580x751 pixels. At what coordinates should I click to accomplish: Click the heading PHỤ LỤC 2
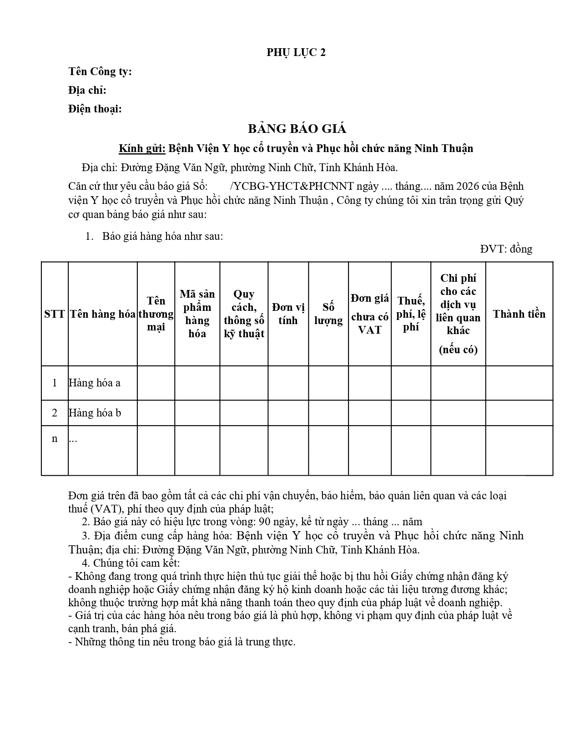pos(296,53)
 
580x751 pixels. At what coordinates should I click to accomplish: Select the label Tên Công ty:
pos(100,71)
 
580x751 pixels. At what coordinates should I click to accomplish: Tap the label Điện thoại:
pos(95,109)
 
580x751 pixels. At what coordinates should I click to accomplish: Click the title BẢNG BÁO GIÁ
pos(297,129)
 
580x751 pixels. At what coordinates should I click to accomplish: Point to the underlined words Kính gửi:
pos(142,148)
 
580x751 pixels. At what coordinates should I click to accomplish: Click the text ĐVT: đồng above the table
pos(506,249)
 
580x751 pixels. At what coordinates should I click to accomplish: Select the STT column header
pos(55,314)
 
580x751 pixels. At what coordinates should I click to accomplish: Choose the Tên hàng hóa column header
pos(103,314)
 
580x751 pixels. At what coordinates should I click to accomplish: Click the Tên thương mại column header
pos(156,314)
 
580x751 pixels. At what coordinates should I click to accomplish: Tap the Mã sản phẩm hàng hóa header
pos(197,314)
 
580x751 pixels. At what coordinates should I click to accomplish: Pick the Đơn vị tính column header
pos(288,314)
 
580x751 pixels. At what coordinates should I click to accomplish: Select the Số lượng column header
pos(328,314)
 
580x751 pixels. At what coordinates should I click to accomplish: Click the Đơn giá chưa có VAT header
pos(369,314)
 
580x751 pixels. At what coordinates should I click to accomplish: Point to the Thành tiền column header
pos(519,314)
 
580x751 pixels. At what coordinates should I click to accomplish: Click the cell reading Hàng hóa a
pos(95,383)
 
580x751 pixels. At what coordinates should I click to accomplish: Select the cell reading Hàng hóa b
pos(95,413)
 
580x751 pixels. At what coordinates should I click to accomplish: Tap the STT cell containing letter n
pos(55,439)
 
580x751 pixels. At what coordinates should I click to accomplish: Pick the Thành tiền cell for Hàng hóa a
pos(519,383)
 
